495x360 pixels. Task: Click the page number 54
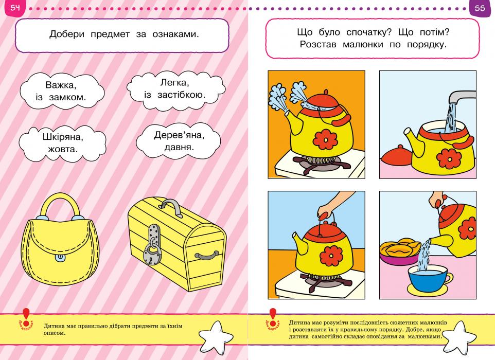15,7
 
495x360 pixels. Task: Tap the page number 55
480,8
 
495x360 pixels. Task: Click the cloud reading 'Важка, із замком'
62,91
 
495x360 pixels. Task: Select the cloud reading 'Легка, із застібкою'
176,89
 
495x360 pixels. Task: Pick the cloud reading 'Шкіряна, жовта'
62,143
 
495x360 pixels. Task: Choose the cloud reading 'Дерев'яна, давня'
179,141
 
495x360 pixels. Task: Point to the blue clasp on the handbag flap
60,258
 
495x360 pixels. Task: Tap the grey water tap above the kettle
463,97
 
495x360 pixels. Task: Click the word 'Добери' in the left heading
67,34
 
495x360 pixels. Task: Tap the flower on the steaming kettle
324,139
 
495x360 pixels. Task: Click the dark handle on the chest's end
207,255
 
